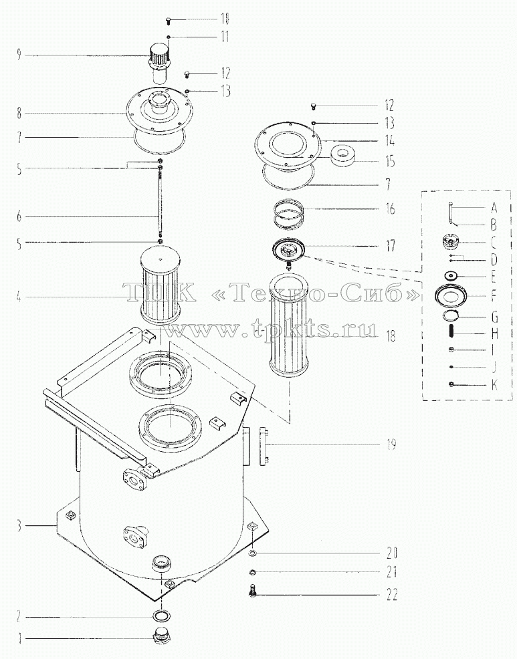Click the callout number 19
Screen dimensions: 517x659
pos(391,444)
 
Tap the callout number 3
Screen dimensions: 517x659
pos(19,525)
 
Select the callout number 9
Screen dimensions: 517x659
pos(19,55)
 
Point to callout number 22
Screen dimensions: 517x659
pos(392,595)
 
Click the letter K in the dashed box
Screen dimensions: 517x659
pos(494,384)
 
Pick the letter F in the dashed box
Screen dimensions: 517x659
pos(494,296)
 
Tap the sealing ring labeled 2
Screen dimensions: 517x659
pos(162,617)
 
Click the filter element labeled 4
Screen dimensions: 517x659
pos(160,284)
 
